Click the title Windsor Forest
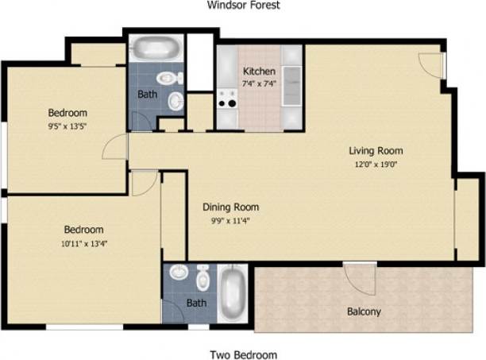(x=244, y=5)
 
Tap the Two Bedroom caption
(x=243, y=354)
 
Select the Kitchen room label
(x=259, y=71)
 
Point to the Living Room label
(x=376, y=150)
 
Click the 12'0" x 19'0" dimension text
(x=376, y=164)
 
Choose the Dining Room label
(x=230, y=207)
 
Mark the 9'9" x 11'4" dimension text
(x=230, y=221)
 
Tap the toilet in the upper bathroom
(x=168, y=78)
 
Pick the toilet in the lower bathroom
(x=203, y=278)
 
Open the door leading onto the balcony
(x=359, y=278)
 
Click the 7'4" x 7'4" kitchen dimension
(x=259, y=83)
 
